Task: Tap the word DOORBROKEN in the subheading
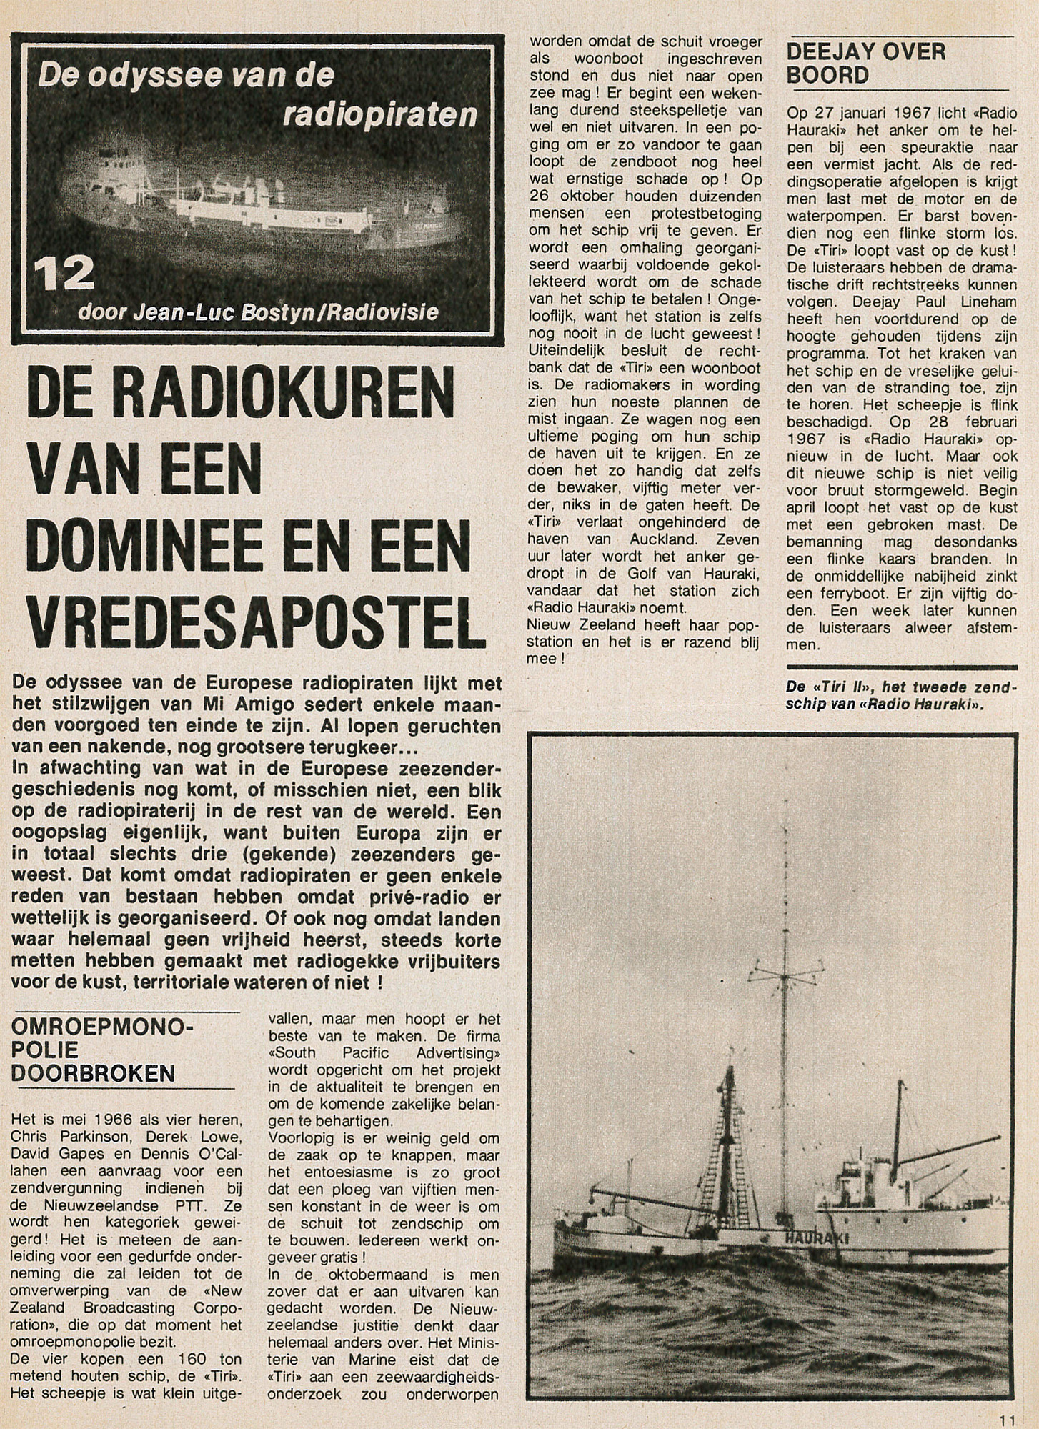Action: point(94,1072)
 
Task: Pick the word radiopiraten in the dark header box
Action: point(379,114)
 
